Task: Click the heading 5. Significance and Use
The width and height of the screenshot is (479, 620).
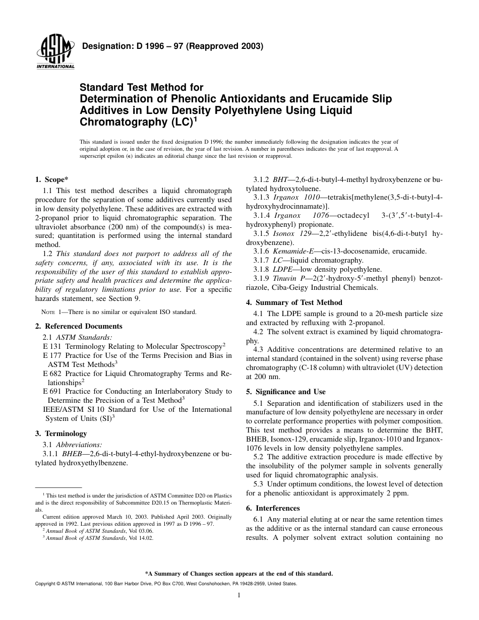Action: point(285,392)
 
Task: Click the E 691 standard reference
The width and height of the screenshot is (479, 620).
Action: point(52,391)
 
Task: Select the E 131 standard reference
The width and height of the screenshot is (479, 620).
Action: point(52,346)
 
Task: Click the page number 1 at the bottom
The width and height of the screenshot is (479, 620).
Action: point(239,595)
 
